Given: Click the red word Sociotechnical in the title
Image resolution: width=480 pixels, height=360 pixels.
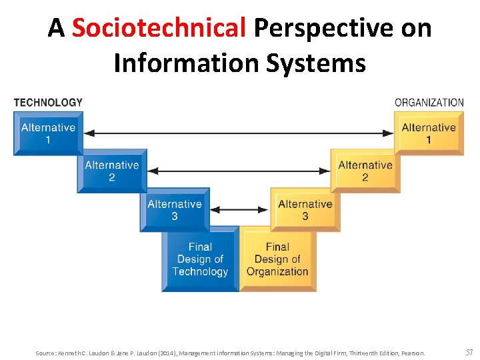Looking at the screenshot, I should pos(159,28).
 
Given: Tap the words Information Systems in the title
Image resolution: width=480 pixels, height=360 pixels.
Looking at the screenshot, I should pos(239,63).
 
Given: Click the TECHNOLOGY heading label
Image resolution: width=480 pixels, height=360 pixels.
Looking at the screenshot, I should pos(48,103).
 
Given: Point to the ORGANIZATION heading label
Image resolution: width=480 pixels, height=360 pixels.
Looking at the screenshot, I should pos(429,103).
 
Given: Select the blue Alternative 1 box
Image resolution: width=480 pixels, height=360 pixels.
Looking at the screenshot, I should pos(48,133).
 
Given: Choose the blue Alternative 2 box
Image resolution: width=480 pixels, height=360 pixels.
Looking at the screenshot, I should pos(111,171).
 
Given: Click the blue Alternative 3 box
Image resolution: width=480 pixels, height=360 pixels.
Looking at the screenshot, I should pos(174,209).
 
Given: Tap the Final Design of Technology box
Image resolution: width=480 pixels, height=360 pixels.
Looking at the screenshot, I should pos(200,259).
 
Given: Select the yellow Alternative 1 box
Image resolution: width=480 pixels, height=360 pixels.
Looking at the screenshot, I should pos(429,133).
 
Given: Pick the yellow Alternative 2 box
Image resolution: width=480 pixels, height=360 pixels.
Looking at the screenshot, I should pos(365,171).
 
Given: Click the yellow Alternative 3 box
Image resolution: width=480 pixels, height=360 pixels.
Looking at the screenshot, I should pos(305,209).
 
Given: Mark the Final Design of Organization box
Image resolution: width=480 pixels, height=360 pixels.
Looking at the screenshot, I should pos(277,259).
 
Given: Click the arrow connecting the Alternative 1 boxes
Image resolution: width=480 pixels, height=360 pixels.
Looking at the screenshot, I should pos(239,133).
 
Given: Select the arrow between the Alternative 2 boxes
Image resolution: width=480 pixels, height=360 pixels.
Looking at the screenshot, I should pos(239,171).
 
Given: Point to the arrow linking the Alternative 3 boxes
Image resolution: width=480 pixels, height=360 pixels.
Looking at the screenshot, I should pos(239,209).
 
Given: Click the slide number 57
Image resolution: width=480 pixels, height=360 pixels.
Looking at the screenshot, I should pos(469,352).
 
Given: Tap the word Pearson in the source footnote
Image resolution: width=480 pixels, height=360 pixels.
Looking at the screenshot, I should pos(413,353).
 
